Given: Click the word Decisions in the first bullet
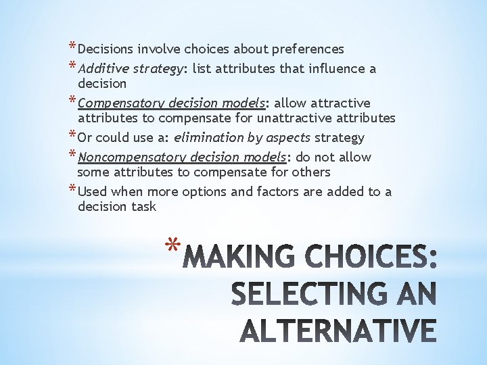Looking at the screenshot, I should [x=106, y=49].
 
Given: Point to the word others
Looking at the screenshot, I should [x=310, y=172].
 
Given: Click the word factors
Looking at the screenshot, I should [x=279, y=192].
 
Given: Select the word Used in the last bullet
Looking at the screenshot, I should [x=93, y=192].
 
